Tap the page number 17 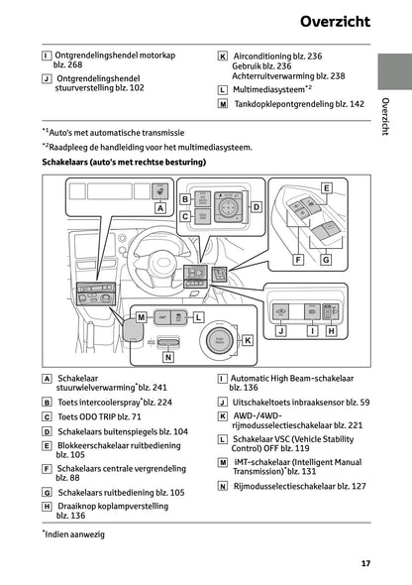pyautogui.click(x=365, y=564)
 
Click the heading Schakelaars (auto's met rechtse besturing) pyautogui.click(x=123, y=161)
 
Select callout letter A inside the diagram pyautogui.click(x=159, y=208)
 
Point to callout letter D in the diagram pyautogui.click(x=255, y=206)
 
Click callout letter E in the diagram pyautogui.click(x=326, y=186)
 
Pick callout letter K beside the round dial pyautogui.click(x=248, y=339)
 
